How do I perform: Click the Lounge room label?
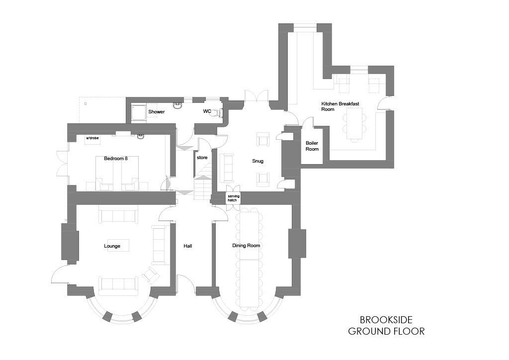point(112,246)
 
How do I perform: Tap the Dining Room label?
point(246,246)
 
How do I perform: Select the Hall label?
point(187,246)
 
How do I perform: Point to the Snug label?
point(258,161)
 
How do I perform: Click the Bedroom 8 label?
point(115,159)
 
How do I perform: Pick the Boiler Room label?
point(312,146)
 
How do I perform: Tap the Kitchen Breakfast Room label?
point(340,106)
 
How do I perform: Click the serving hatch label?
point(234,198)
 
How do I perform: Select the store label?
point(202,158)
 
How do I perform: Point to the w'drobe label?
point(92,138)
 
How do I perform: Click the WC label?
point(207,111)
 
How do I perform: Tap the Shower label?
point(157,112)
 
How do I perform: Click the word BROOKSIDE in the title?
point(386,320)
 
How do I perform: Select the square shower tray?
point(139,113)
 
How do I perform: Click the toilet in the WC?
point(219,112)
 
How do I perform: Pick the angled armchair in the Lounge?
point(151,275)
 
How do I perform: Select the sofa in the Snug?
point(227,168)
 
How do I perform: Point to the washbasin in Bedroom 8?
point(141,137)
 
